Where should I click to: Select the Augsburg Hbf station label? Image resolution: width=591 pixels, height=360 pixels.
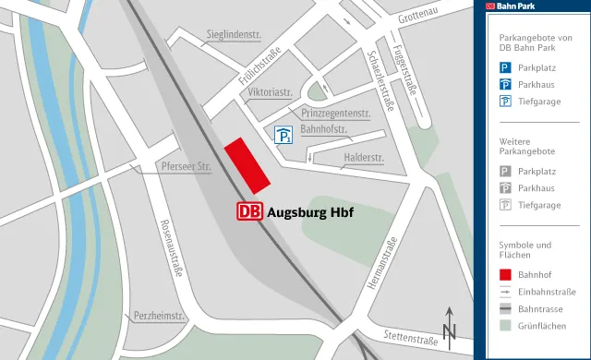pyautogui.click(x=310, y=211)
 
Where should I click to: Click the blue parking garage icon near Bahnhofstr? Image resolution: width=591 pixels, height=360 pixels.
pyautogui.click(x=283, y=137)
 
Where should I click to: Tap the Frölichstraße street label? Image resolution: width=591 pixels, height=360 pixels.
pyautogui.click(x=259, y=71)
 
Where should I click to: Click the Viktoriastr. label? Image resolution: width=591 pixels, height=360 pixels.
pyautogui.click(x=271, y=93)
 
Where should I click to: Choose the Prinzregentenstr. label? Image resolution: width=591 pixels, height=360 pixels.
pyautogui.click(x=335, y=113)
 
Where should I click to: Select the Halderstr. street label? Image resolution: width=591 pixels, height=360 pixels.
pyautogui.click(x=363, y=158)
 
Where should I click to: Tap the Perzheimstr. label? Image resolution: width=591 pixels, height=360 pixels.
pyautogui.click(x=160, y=316)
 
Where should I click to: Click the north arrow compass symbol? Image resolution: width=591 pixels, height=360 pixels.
pyautogui.click(x=450, y=325)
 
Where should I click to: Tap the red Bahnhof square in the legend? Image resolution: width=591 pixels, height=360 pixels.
pyautogui.click(x=505, y=274)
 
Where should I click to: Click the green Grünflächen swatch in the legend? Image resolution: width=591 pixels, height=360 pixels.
pyautogui.click(x=505, y=326)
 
